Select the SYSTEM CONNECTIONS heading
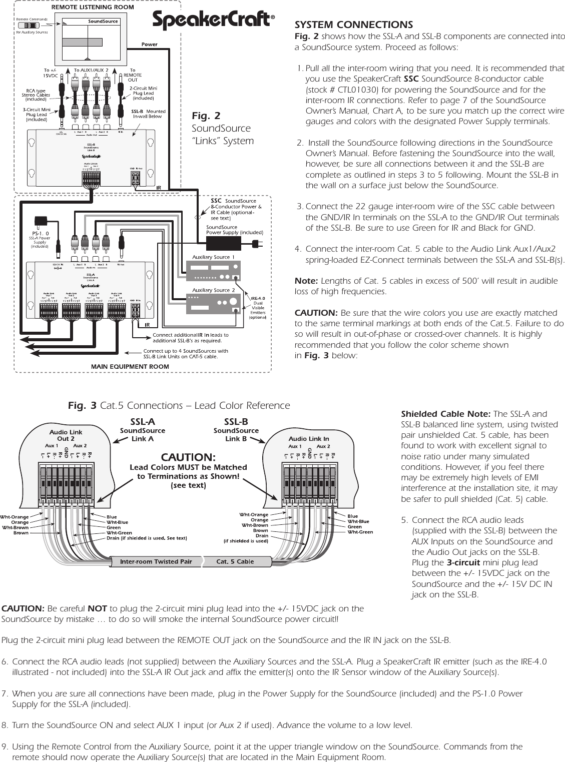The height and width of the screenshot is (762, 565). tap(354, 25)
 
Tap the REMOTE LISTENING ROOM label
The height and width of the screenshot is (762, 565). tap(93, 8)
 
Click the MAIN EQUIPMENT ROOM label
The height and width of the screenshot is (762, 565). tap(130, 366)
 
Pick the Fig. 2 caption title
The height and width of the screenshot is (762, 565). tap(206, 116)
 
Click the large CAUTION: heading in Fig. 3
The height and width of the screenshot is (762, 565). tap(188, 457)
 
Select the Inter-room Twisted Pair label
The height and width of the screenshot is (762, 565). tap(156, 561)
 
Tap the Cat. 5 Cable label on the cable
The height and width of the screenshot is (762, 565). tap(235, 561)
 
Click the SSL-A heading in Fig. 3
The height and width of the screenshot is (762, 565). tap(143, 422)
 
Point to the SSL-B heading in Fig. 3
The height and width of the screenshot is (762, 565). tap(236, 422)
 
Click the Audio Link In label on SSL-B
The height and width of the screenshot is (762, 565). tap(309, 439)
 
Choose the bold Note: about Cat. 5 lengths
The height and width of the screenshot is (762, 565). tap(306, 281)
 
